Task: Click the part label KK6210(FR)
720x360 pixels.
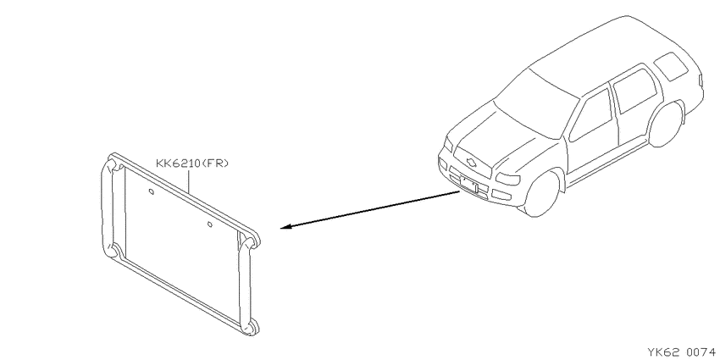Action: [x=192, y=163]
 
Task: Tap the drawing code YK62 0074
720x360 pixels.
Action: [x=682, y=352]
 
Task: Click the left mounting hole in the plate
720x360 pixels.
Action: [x=151, y=191]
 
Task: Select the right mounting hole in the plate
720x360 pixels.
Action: [x=210, y=224]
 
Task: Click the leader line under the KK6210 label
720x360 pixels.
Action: [x=188, y=180]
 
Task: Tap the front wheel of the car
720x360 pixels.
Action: [x=542, y=193]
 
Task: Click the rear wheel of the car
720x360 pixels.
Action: [x=666, y=124]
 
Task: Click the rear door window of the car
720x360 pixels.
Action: [x=635, y=91]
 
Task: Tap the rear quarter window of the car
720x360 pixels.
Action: [x=671, y=66]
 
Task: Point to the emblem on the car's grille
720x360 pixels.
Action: [x=471, y=161]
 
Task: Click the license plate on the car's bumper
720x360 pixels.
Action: [x=468, y=185]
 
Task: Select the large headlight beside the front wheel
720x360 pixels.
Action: [x=507, y=178]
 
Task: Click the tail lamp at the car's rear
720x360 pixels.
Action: [x=701, y=80]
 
